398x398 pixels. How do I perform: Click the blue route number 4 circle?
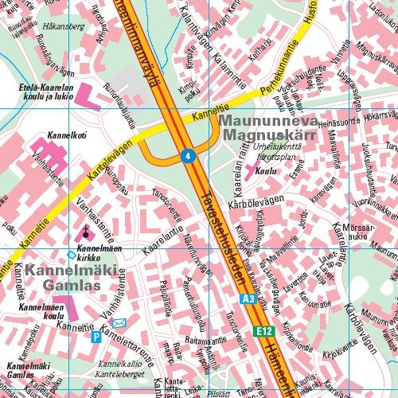tap(187, 155)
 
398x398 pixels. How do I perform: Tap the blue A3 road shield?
tap(248, 298)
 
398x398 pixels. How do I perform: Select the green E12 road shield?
tap(263, 330)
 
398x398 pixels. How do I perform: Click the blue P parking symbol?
tap(97, 337)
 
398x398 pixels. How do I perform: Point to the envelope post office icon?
tap(119, 323)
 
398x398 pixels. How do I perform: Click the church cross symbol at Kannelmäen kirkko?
tap(86, 232)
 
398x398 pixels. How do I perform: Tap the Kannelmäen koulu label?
tap(41, 311)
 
